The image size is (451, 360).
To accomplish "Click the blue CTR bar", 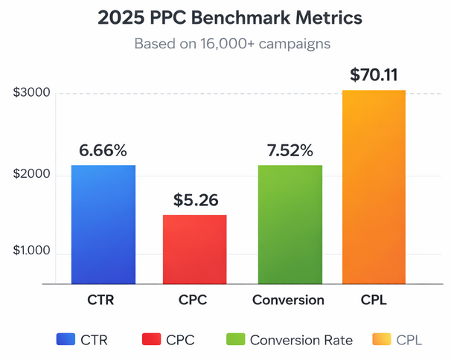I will pyautogui.click(x=103, y=224).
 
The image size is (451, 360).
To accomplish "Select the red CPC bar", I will pyautogui.click(x=194, y=249).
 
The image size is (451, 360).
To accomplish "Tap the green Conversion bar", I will pyautogui.click(x=290, y=224).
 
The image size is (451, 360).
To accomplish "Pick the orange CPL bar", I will pyautogui.click(x=374, y=187).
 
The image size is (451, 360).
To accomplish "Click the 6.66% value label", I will pyautogui.click(x=103, y=150).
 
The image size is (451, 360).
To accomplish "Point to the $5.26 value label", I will pyautogui.click(x=195, y=200).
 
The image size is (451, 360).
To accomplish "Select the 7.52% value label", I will pyautogui.click(x=290, y=150).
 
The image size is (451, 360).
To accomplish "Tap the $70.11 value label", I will pyautogui.click(x=374, y=75).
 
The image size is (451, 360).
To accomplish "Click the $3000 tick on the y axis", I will pyautogui.click(x=31, y=94).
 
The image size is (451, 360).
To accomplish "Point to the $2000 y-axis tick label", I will pyautogui.click(x=31, y=174).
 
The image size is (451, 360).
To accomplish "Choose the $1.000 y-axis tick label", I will pyautogui.click(x=31, y=252).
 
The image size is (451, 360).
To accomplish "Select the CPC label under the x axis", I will pyautogui.click(x=194, y=300).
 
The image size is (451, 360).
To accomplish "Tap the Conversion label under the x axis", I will pyautogui.click(x=288, y=300).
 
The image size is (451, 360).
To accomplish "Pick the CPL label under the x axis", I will pyautogui.click(x=374, y=300).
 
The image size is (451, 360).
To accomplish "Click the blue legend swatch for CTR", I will pyautogui.click(x=65, y=340).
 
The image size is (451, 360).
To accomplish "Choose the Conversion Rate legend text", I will pyautogui.click(x=301, y=340).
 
